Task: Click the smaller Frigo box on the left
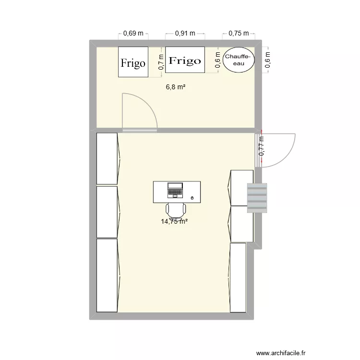(x=133, y=62)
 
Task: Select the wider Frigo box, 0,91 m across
(x=185, y=60)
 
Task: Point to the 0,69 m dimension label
(x=133, y=34)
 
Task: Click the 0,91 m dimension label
(x=185, y=34)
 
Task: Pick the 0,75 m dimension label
(x=239, y=34)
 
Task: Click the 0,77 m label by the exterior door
(x=262, y=147)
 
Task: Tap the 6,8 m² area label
(x=176, y=87)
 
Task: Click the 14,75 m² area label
(x=174, y=221)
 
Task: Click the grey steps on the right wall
(x=257, y=198)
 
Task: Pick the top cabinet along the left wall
(x=107, y=158)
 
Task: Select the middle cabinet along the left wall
(x=107, y=212)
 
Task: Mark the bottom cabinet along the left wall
(x=107, y=275)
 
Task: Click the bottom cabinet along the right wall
(x=238, y=277)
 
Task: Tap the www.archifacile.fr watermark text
(x=281, y=352)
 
